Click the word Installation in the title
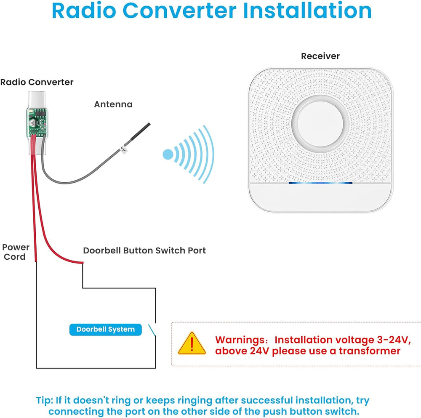pyautogui.click(x=309, y=11)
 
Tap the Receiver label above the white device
pyautogui.click(x=320, y=56)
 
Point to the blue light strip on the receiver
pyautogui.click(x=320, y=183)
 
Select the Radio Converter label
pyautogui.click(x=37, y=82)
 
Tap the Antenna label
pyautogui.click(x=113, y=104)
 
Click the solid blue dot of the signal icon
pyautogui.click(x=168, y=154)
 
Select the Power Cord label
pyautogui.click(x=16, y=252)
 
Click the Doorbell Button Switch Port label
pyautogui.click(x=144, y=250)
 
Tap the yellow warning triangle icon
pyautogui.click(x=192, y=344)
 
